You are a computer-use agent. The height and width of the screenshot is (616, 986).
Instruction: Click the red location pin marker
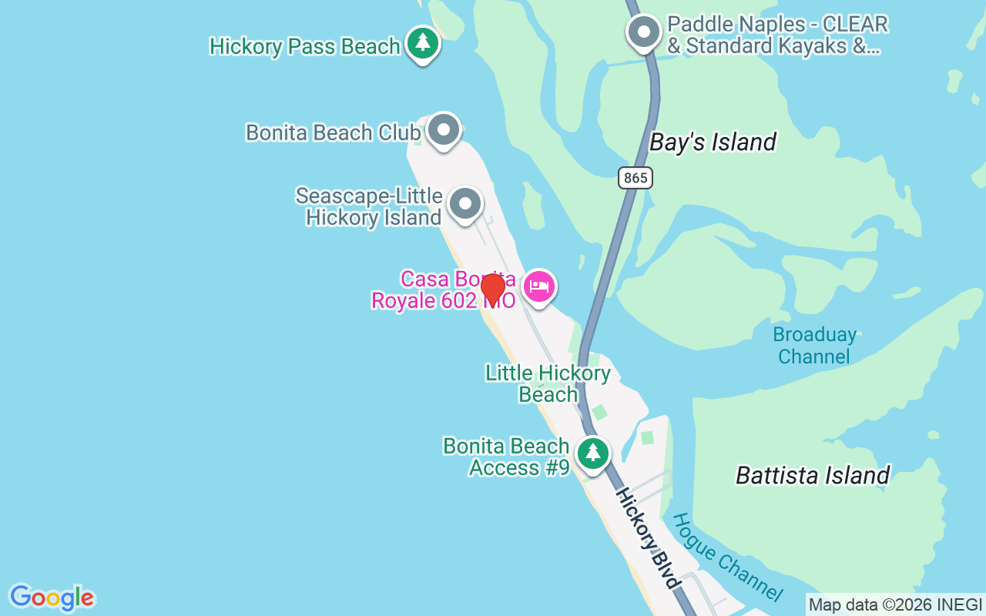click(x=492, y=290)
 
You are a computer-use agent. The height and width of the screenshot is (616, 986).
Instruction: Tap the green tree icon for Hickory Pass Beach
click(x=422, y=43)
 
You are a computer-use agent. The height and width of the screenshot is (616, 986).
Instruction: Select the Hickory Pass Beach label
click(x=305, y=46)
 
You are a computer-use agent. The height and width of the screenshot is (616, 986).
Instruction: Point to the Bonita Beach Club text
click(x=333, y=132)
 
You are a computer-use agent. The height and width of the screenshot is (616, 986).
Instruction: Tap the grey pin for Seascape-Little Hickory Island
click(x=464, y=204)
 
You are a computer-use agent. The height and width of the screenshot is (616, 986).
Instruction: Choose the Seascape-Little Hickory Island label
click(x=368, y=207)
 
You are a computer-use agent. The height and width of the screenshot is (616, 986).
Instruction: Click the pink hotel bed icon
click(x=539, y=287)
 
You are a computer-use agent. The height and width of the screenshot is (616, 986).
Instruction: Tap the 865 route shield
click(x=636, y=178)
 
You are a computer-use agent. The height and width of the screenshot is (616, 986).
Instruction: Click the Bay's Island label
click(x=713, y=142)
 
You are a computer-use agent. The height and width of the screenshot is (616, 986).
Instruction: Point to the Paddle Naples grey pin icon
click(x=644, y=33)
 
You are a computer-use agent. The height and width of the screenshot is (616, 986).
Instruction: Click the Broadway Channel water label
click(x=814, y=346)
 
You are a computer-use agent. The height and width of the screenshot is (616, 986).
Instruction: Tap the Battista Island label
click(x=813, y=475)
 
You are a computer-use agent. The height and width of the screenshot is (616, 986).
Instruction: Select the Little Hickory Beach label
click(x=548, y=384)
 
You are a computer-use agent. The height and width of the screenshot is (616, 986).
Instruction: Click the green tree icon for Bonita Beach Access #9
click(x=592, y=453)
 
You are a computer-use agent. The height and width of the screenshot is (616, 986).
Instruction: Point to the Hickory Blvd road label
click(x=648, y=537)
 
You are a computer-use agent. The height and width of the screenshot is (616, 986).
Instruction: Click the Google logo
click(x=52, y=598)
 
